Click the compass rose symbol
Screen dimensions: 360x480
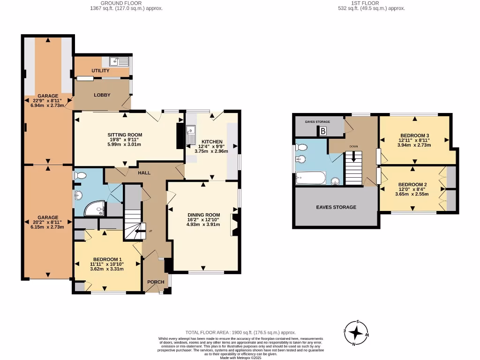point(357,332)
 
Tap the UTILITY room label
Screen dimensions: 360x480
point(100,71)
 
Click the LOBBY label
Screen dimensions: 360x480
point(102,95)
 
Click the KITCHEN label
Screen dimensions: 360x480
point(212,142)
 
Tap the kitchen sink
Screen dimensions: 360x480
point(191,135)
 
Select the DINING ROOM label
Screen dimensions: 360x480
point(203,215)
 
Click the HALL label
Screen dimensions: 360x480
point(144,173)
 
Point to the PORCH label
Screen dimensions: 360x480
point(156,282)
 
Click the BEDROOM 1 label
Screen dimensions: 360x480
point(107,260)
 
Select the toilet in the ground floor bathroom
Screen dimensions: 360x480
point(80,176)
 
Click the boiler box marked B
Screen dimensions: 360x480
point(323,132)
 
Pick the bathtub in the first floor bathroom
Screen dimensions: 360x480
point(311,178)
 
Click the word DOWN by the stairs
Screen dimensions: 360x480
point(353,146)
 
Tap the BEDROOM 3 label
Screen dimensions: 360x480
point(414,135)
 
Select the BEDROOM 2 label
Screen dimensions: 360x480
point(412,185)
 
